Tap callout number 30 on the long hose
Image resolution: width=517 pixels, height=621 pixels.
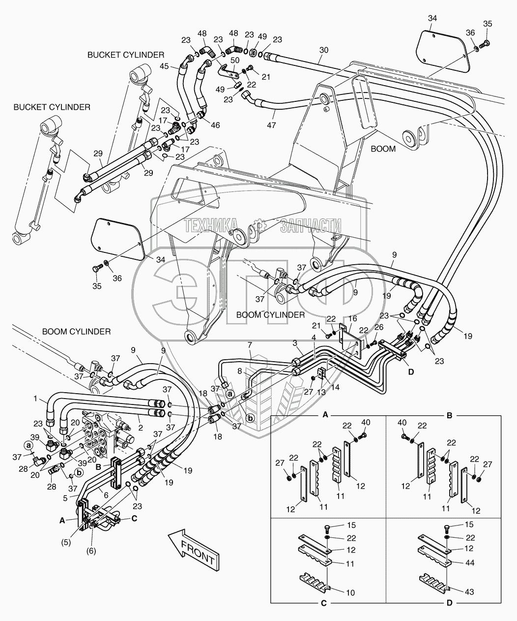(x=323, y=50)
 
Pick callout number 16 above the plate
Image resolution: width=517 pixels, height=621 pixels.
(x=352, y=319)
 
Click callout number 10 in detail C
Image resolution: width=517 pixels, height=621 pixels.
(x=350, y=593)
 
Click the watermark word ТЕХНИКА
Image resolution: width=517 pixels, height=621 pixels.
(x=211, y=226)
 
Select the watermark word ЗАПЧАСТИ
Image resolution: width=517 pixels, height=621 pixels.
(x=311, y=226)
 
